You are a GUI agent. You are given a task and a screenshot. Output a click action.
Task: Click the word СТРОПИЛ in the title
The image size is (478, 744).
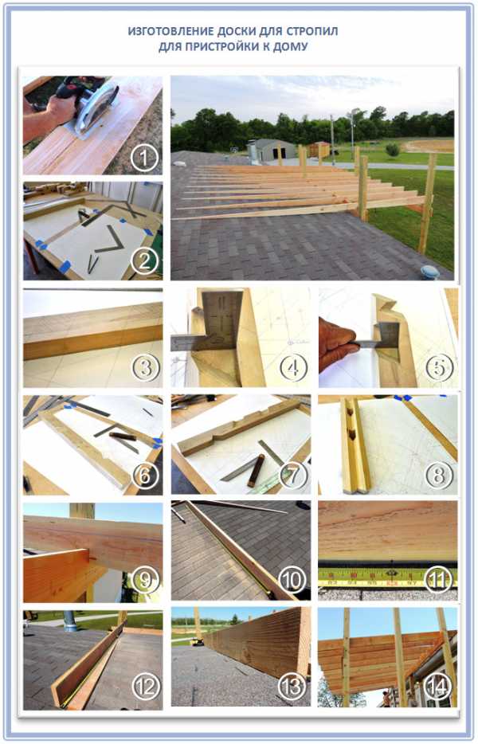311,31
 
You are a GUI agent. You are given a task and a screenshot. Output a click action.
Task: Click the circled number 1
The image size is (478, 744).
144,157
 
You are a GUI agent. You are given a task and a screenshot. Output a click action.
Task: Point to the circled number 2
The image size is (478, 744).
144,260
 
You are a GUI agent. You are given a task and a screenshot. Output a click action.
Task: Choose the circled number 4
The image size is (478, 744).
293,368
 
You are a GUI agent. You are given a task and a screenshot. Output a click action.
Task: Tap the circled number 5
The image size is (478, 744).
439,368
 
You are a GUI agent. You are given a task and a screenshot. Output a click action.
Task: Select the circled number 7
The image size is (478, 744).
293,475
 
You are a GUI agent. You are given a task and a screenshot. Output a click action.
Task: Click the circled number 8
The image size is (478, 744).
439,475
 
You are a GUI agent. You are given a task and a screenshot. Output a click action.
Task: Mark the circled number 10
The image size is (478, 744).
292,579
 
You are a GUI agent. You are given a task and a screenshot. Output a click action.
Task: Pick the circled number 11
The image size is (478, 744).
438,579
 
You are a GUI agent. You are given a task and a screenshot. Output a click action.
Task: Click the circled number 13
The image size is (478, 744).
292,686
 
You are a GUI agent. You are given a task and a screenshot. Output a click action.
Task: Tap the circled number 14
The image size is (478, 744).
438,686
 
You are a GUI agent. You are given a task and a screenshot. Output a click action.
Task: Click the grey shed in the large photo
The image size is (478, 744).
274,150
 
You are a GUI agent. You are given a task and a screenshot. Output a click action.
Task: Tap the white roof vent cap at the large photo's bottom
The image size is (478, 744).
430,272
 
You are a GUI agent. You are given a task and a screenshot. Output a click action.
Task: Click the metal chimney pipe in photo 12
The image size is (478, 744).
70,619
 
